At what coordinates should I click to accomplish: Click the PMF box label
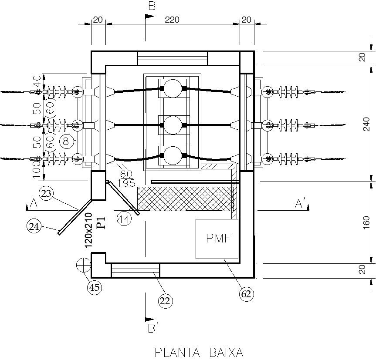coord(217,239)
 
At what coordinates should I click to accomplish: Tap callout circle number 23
coord(46,193)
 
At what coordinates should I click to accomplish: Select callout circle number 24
coord(34,225)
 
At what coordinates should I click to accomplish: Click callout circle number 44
coord(124,219)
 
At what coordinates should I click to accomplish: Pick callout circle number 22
coord(166,300)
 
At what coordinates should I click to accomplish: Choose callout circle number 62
coord(247,294)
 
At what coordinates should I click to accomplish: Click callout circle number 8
coord(66,141)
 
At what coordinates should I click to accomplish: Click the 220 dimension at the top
coord(172,20)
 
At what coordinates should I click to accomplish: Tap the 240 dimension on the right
coord(366,124)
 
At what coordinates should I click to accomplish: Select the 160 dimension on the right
coord(366,222)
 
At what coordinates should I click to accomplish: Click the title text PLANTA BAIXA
coord(199,352)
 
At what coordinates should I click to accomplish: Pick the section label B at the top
coord(152,6)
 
